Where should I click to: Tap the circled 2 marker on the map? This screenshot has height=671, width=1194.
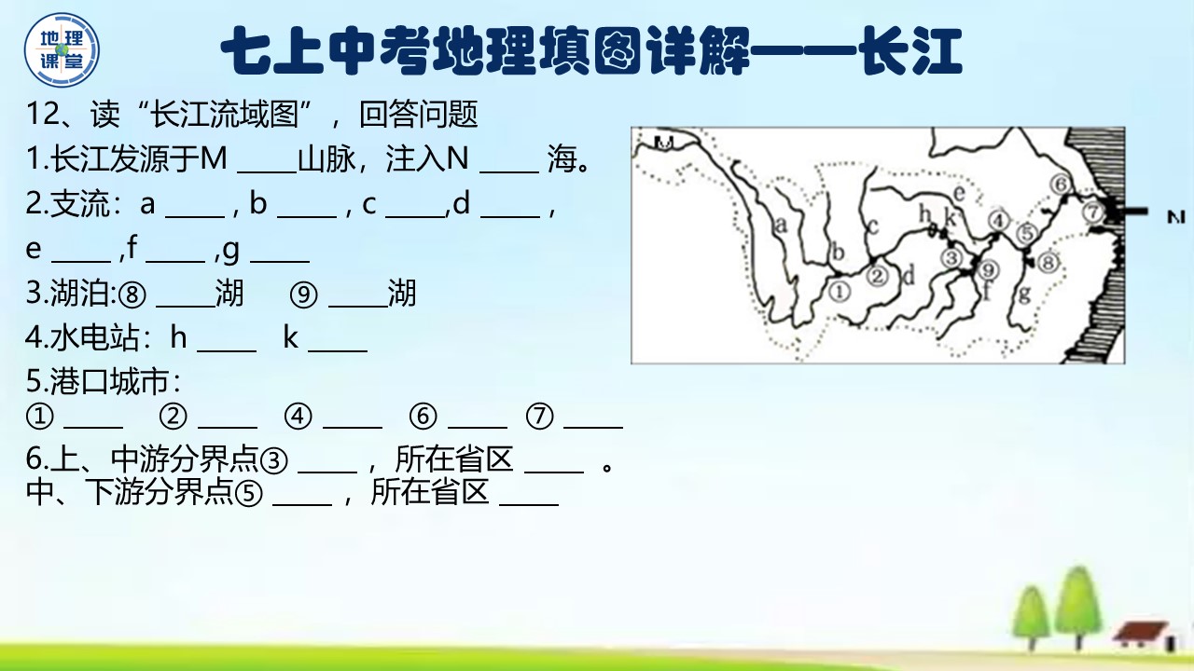[x=878, y=275]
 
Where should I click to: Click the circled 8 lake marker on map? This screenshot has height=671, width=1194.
[x=1048, y=263]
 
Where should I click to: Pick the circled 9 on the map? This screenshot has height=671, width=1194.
[x=990, y=269]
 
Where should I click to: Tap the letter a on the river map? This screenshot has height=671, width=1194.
[x=781, y=224]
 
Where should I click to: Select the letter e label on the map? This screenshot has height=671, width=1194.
[x=957, y=193]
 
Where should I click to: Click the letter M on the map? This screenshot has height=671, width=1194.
[x=665, y=143]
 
